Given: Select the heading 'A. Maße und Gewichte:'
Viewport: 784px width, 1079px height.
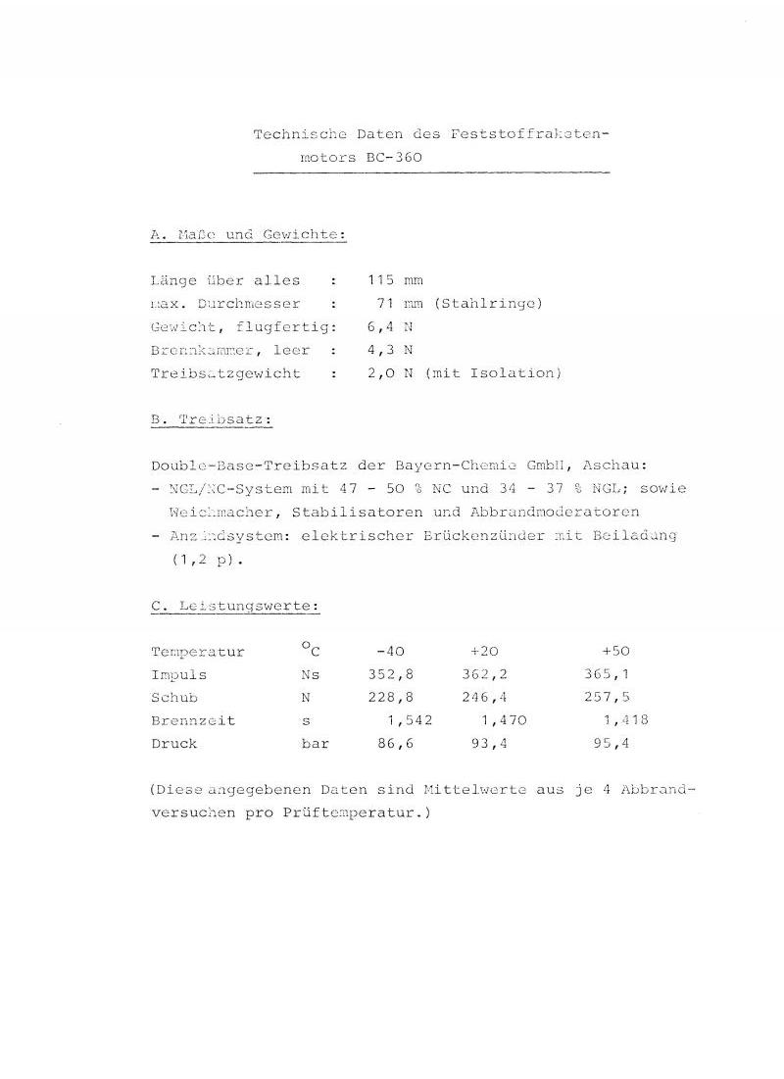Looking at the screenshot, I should coord(249,235).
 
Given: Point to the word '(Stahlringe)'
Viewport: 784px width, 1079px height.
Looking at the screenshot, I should coord(488,304).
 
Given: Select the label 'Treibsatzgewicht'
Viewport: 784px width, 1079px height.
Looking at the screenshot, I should coord(226,373).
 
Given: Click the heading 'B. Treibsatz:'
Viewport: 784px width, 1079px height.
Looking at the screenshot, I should coord(212,420).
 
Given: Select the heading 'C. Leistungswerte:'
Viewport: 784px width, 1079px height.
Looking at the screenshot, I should coord(236,607).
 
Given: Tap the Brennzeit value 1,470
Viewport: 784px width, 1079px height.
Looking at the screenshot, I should coord(503,720).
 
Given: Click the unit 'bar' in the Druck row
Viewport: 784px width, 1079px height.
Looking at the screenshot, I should coord(315,744).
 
